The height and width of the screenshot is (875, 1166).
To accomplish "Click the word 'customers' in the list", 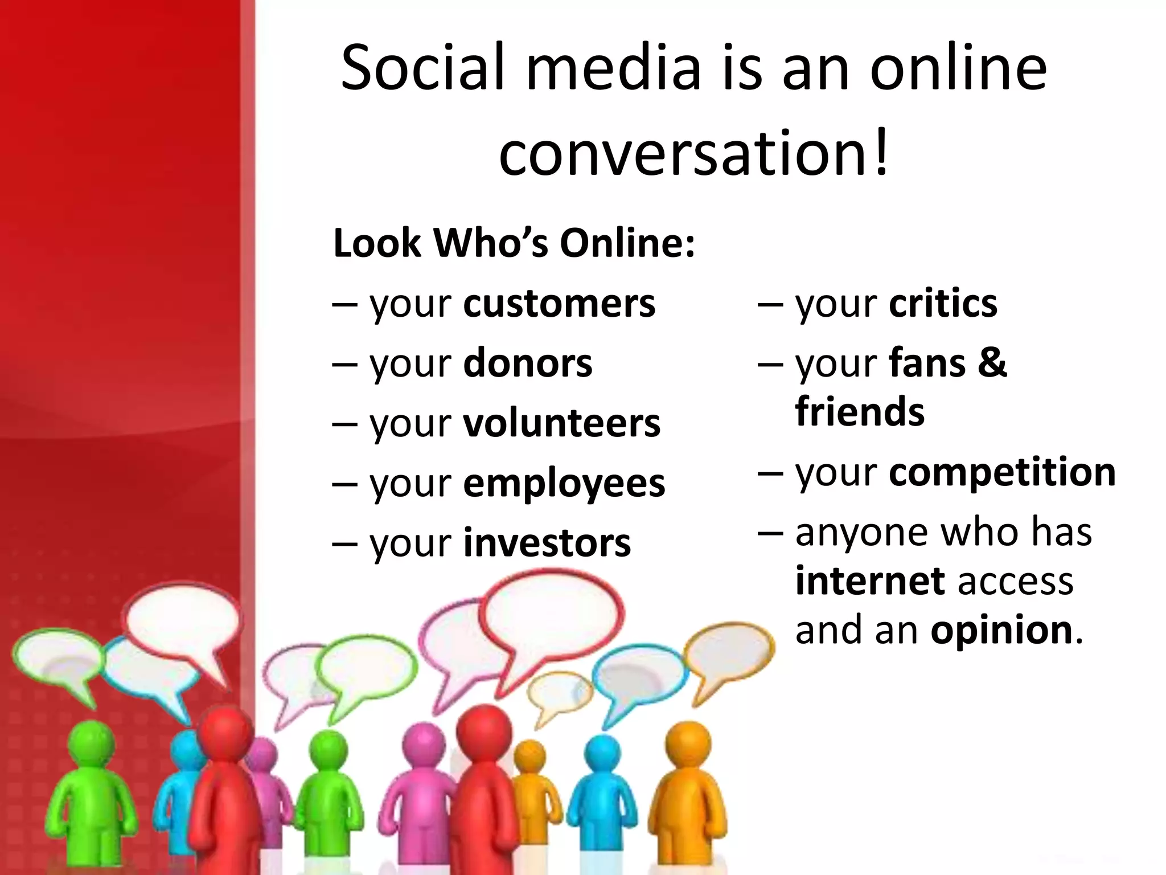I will click(x=559, y=304).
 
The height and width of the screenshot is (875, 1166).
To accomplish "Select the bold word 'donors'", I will click(x=528, y=363).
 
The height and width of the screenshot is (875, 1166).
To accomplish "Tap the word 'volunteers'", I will click(x=561, y=423).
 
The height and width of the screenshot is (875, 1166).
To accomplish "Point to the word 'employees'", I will click(x=564, y=484).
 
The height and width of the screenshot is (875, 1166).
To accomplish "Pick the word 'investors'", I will click(x=547, y=543).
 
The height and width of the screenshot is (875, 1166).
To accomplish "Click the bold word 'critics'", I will click(x=943, y=304).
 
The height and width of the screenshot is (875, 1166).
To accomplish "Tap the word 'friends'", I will click(x=860, y=412).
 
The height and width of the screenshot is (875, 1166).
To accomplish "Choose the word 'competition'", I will click(x=1002, y=472).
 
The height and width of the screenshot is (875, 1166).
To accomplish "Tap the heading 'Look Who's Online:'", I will click(x=514, y=243).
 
